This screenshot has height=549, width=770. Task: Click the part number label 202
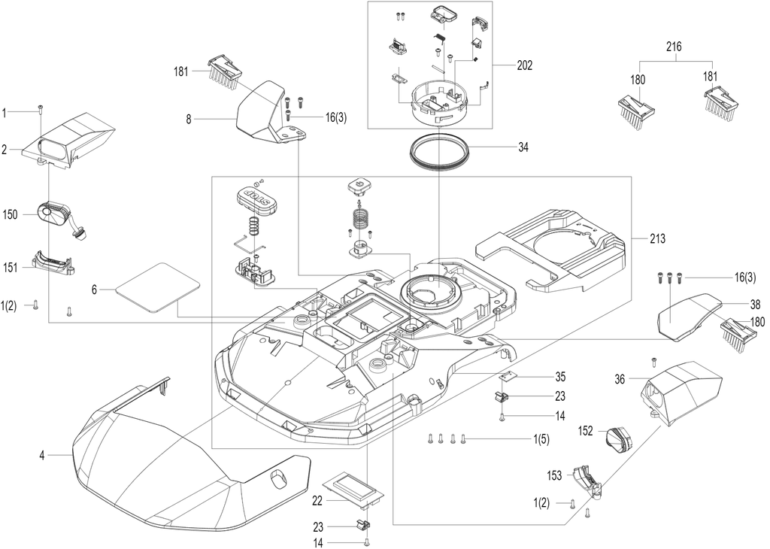524,65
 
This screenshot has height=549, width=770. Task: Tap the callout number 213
657,239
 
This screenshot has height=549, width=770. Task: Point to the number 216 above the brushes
674,47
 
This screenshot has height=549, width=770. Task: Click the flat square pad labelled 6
157,288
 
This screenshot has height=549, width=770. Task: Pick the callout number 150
10,214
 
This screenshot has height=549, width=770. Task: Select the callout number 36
620,379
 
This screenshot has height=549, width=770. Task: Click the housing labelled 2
68,139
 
